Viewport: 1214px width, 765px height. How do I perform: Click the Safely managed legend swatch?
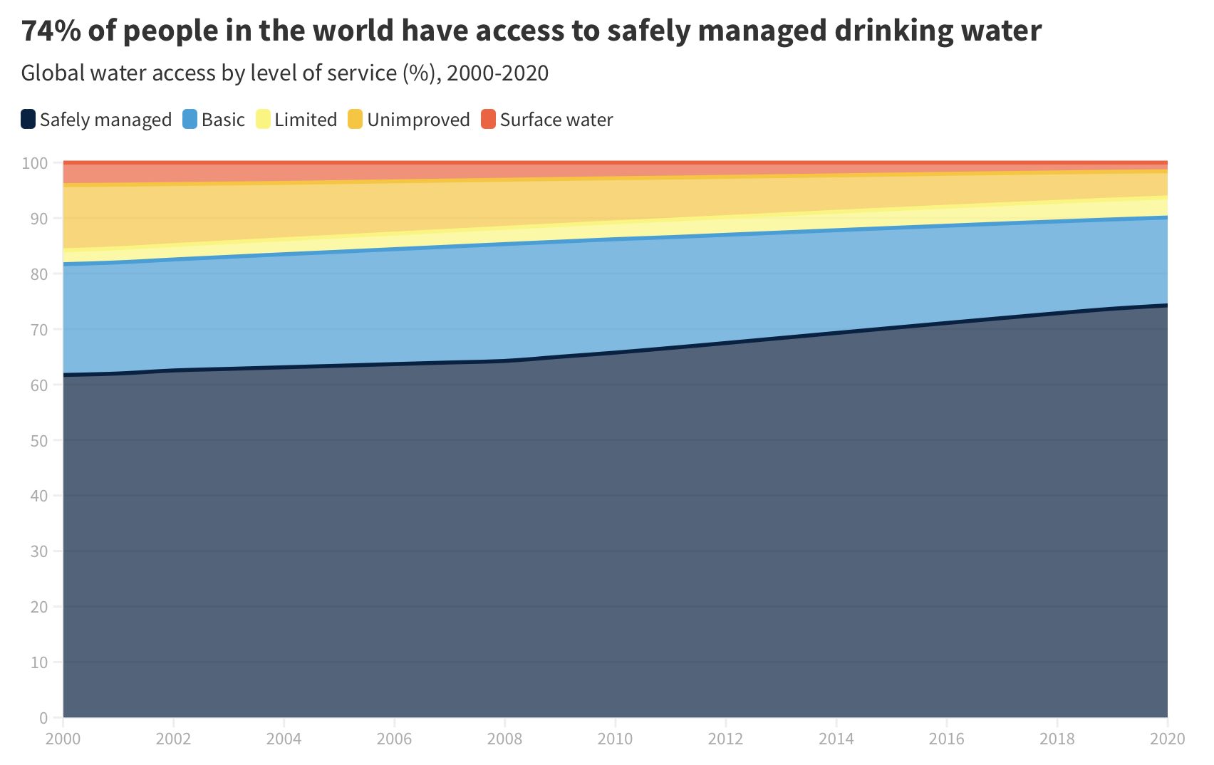click(28, 119)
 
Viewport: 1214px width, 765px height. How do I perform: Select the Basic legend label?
click(222, 120)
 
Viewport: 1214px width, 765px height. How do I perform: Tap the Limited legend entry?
click(305, 120)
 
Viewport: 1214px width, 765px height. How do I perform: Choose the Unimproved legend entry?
click(417, 120)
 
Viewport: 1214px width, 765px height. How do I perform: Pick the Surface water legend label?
click(556, 120)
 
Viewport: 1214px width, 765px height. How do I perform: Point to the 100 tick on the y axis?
click(34, 163)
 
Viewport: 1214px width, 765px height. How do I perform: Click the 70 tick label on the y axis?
click(38, 330)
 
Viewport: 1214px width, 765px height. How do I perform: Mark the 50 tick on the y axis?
click(38, 441)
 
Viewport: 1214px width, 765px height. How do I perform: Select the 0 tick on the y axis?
click(43, 718)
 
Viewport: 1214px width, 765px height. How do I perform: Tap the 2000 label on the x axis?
click(63, 739)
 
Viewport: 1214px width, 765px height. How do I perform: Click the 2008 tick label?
click(504, 739)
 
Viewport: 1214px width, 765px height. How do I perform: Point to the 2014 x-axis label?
click(836, 739)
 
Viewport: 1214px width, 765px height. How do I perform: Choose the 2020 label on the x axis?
click(1167, 739)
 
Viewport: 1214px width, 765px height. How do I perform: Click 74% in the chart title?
click(51, 31)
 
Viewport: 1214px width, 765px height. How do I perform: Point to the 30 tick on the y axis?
click(38, 551)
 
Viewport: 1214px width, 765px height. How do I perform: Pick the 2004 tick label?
click(284, 739)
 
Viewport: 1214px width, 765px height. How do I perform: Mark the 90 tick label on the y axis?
click(38, 219)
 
